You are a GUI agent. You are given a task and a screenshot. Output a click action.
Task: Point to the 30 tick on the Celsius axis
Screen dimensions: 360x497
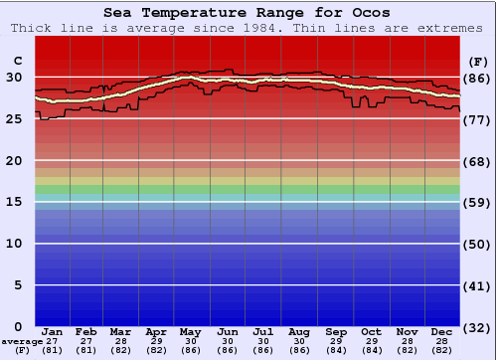click(x=13, y=77)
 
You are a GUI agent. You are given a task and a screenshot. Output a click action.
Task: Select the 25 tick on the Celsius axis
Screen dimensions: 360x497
click(x=13, y=118)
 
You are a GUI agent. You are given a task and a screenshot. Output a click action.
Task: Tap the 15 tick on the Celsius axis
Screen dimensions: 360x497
click(x=13, y=202)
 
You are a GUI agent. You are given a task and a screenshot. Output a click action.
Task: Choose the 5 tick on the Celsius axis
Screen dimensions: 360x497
click(x=17, y=285)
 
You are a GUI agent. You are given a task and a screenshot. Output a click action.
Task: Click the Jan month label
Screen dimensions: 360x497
click(x=53, y=331)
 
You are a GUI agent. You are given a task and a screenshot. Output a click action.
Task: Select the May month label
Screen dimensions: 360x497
click(x=192, y=331)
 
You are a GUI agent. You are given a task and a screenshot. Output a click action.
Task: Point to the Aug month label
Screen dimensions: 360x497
click(x=299, y=331)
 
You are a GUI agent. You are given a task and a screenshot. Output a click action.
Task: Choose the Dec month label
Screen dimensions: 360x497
click(x=442, y=331)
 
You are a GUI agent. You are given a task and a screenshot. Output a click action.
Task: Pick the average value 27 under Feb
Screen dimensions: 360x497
click(x=86, y=341)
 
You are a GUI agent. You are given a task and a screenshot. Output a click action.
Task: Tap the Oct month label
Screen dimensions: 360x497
click(x=371, y=331)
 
